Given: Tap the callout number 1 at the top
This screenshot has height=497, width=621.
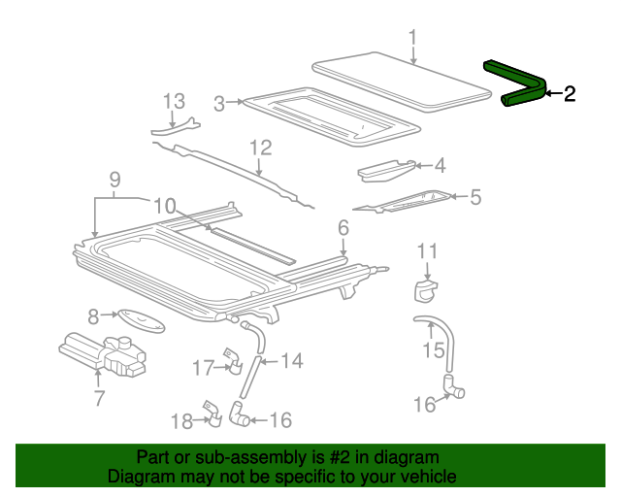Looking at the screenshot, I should click(412, 39).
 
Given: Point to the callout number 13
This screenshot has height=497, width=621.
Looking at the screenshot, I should click(173, 101).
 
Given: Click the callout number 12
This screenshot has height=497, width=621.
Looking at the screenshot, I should click(260, 149).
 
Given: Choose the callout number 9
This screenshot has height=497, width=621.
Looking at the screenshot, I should click(114, 179).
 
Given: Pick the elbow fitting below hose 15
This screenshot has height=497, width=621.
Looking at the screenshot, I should click(454, 386).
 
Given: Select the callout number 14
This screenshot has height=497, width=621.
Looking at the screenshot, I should click(291, 361).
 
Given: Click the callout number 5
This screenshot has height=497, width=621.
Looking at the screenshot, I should click(474, 198).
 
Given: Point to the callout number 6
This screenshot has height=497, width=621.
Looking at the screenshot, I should click(343, 228).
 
